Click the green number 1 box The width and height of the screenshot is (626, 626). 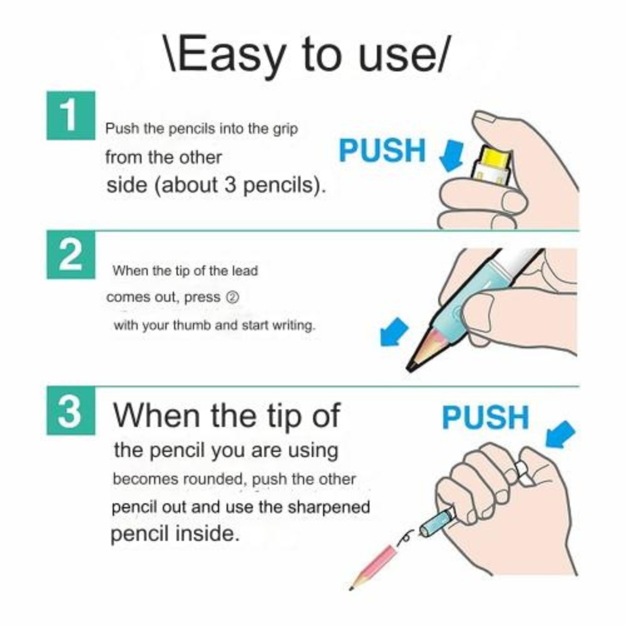pos(71,115)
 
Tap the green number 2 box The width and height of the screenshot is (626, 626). pos(71,255)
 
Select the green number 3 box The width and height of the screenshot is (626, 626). pos(71,411)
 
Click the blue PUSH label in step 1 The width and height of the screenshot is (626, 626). pos(382,150)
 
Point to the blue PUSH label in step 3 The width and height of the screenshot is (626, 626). pos(486,418)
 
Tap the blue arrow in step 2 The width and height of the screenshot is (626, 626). pos(394,331)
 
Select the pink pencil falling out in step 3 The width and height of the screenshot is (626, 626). pos(373,567)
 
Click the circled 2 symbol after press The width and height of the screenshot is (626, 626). pos(233,297)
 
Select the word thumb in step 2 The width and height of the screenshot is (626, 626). pos(192,326)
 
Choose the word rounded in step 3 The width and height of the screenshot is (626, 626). pos(215,479)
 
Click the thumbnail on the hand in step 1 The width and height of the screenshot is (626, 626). pos(484,116)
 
